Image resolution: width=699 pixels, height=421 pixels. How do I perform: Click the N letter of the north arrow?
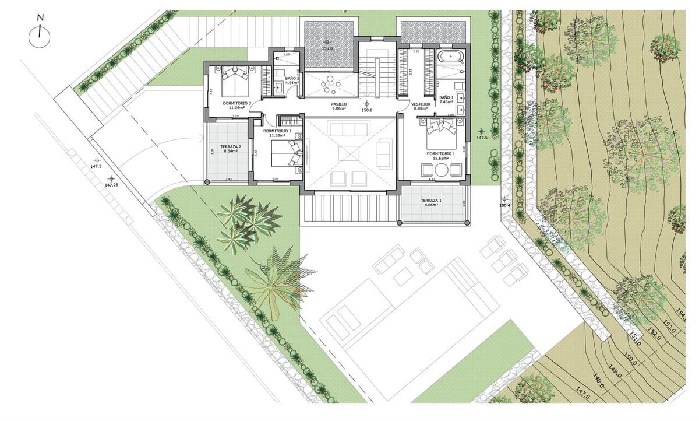pos(40,17)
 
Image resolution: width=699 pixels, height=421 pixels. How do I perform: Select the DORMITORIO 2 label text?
pos(276,131)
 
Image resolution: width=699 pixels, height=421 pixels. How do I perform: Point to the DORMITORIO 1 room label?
pos(440,153)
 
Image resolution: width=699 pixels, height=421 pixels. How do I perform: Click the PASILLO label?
pos(339,104)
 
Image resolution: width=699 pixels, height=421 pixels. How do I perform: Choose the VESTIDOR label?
pos(421,104)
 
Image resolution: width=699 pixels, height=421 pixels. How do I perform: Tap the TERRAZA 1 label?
pos(431,201)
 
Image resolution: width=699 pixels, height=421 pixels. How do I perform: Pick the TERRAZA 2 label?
pos(231,146)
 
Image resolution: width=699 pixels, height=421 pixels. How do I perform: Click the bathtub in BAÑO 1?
pos(450,57)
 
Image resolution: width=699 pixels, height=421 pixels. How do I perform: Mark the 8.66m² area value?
pos(431,205)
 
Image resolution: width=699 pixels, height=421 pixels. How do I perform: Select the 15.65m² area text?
pos(440,158)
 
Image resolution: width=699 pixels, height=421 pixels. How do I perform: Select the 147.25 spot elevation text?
pos(112,185)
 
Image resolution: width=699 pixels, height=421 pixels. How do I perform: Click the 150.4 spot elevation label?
pos(504,205)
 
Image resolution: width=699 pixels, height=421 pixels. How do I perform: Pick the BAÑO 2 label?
pos(292,78)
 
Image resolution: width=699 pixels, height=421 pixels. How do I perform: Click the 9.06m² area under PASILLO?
pos(339,108)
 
